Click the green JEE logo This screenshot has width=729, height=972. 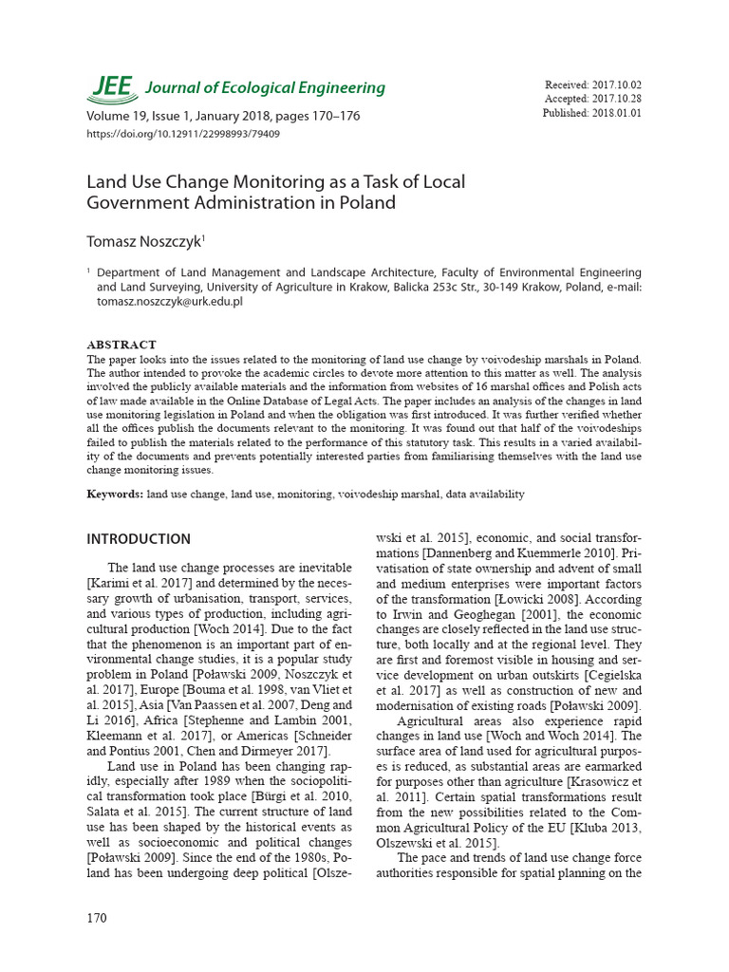point(112,86)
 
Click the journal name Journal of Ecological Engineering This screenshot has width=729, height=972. point(265,88)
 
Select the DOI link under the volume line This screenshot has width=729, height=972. point(183,134)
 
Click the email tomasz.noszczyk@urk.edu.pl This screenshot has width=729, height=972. point(170,301)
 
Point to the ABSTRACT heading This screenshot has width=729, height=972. point(121,345)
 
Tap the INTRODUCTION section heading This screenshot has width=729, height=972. point(139,539)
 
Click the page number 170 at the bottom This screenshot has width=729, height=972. point(97,918)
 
